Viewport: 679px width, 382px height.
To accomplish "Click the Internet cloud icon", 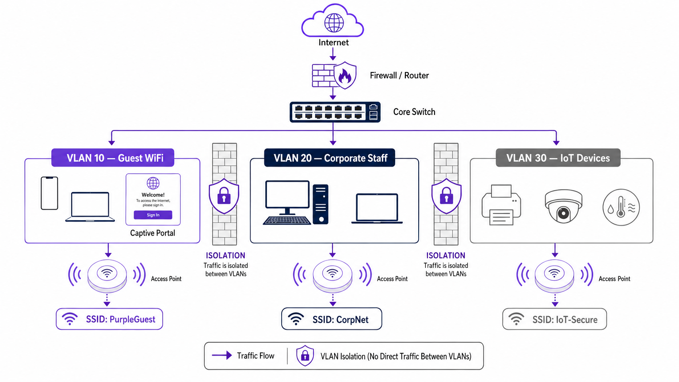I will click(333, 21).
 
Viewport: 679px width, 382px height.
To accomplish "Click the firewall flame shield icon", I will click(345, 76).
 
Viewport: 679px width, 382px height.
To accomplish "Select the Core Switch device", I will click(335, 112).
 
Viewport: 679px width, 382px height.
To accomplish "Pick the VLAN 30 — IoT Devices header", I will click(558, 158).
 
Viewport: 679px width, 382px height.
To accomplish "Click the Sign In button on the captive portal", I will click(153, 215).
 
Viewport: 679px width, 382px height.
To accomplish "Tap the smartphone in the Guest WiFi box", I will click(50, 193).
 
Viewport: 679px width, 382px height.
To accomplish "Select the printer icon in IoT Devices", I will click(501, 205).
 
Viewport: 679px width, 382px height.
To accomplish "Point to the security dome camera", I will click(563, 206).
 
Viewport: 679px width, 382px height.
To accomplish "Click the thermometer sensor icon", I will click(621, 207).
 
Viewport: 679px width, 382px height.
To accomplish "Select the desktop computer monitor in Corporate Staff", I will click(287, 195).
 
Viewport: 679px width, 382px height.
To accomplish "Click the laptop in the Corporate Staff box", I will click(377, 208).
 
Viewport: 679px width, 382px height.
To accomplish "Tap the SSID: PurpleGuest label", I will click(110, 319).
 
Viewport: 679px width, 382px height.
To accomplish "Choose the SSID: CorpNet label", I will click(332, 319).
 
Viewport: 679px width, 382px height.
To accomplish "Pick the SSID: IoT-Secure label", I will click(554, 319).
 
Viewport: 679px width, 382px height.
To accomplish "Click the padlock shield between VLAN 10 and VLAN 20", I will click(224, 196).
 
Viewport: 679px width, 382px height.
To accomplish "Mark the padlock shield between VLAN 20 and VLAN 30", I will click(446, 196).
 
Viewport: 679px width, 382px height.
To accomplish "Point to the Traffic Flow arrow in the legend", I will click(222, 355).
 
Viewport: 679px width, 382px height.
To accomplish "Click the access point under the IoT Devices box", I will click(554, 275).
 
